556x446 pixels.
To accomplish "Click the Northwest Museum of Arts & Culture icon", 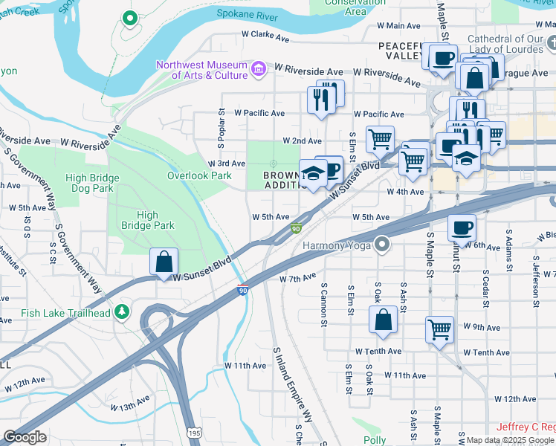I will pos(258,70).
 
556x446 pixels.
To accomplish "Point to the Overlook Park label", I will pos(199,176).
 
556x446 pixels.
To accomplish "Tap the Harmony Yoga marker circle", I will pos(383,244).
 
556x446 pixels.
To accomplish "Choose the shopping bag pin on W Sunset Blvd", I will pos(164,262).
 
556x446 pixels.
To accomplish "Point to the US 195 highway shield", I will pos(193,433).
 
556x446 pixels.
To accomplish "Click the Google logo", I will pos(25,437).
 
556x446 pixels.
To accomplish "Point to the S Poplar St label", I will pos(221,120).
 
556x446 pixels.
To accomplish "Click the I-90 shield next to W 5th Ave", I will pos(296,228).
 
